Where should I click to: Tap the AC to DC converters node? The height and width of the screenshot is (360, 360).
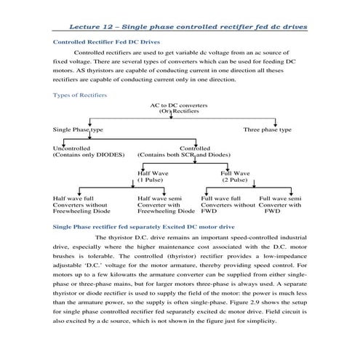click(x=178, y=106)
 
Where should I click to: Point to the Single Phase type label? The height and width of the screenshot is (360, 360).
click(x=78, y=129)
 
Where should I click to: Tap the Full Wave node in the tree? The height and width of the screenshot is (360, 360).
click(x=235, y=173)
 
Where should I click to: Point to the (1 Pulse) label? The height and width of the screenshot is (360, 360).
click(x=152, y=180)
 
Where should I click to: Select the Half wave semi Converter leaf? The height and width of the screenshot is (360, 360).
click(x=165, y=204)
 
